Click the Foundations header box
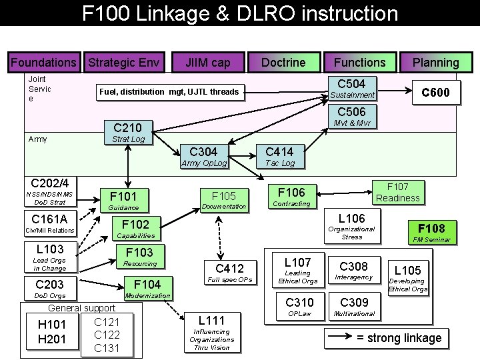[43, 63]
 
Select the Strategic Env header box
[125, 63]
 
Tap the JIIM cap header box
[208, 63]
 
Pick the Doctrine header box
[283, 63]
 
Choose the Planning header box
[435, 63]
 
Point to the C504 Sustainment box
[351, 89]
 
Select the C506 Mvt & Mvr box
[351, 117]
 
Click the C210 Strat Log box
[127, 132]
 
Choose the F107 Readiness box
[397, 192]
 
